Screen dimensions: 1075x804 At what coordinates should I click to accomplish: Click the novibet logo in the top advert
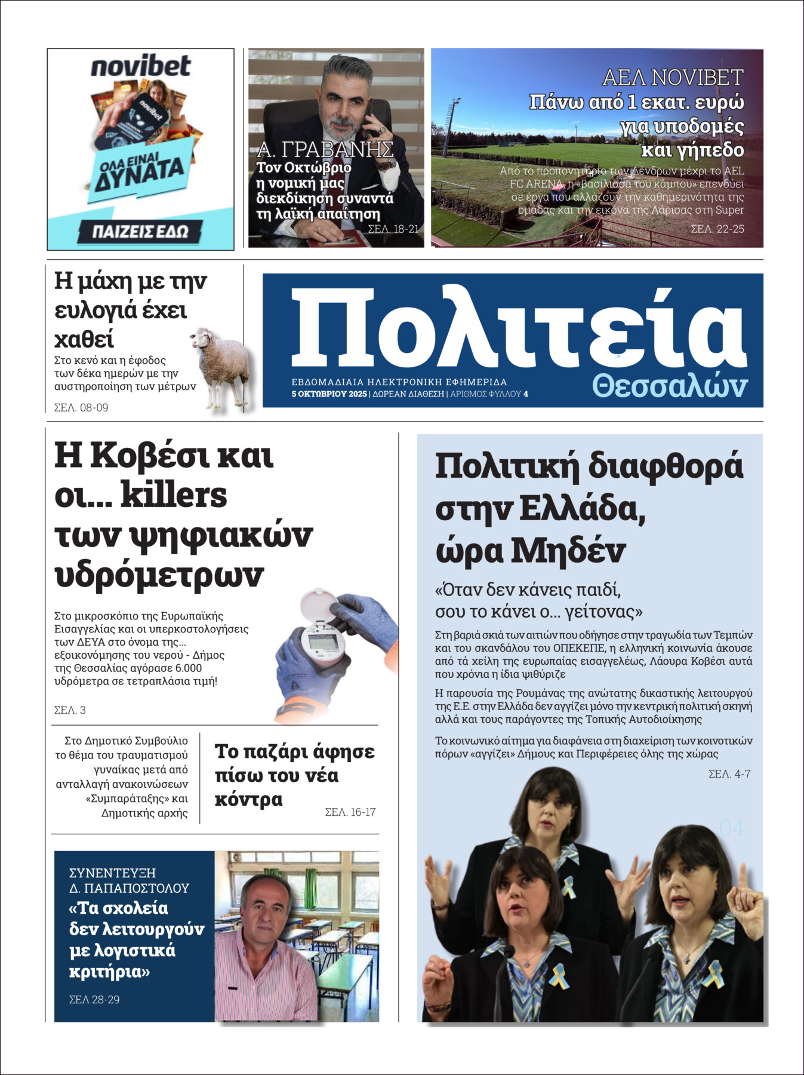coord(140,66)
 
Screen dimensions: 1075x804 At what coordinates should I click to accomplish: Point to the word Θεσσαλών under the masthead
coord(670,387)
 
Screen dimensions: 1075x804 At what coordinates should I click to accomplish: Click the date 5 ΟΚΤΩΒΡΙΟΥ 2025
coord(329,394)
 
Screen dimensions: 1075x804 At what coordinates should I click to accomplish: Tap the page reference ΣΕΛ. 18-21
coord(393,229)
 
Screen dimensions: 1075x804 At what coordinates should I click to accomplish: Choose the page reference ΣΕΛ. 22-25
coord(717,229)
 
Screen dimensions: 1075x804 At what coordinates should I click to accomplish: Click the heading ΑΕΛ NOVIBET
coord(673,78)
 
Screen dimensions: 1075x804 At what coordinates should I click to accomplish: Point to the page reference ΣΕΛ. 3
coord(70,710)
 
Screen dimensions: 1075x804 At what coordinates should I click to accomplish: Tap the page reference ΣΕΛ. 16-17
coord(350,812)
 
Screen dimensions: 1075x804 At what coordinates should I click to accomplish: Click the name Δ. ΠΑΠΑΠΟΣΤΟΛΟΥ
coord(129,888)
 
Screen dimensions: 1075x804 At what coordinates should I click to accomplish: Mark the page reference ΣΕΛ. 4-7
coord(729,774)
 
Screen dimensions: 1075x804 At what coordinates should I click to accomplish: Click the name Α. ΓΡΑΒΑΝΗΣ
coord(325,149)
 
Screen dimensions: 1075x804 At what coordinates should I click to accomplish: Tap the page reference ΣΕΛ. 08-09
coord(81,408)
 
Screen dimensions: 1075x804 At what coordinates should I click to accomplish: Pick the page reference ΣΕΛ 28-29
coord(94,999)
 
